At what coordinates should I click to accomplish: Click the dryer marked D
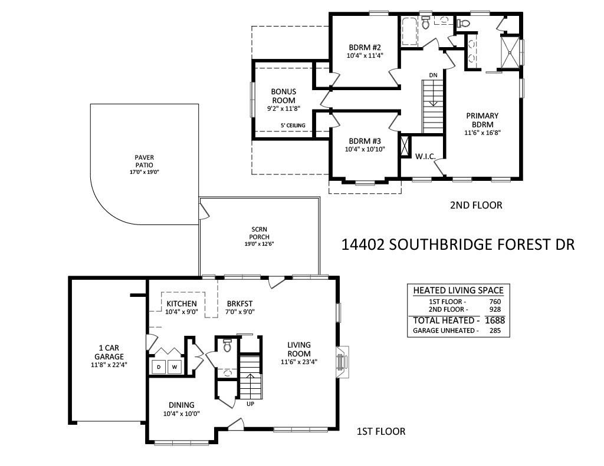pos(159,367)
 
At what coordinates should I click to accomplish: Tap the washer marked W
pos(175,367)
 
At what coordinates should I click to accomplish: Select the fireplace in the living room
pos(342,362)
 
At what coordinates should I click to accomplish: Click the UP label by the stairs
pos(250,404)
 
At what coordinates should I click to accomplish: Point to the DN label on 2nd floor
pos(434,75)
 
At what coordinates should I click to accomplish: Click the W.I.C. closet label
pos(425,157)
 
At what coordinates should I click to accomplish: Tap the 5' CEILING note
pos(293,125)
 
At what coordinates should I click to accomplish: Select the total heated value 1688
pos(495,320)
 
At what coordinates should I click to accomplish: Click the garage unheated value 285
pos(495,331)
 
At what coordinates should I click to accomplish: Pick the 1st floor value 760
pos(495,302)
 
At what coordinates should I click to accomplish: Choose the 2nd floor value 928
pos(495,309)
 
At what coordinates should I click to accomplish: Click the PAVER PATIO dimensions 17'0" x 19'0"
pos(145,172)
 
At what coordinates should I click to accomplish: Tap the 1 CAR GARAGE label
pos(109,352)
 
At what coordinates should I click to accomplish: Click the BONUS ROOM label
pos(284,96)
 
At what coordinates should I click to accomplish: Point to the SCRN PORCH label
pos(260,233)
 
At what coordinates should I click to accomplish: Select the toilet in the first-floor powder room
pos(227,346)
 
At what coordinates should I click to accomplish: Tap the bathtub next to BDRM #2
pos(409,31)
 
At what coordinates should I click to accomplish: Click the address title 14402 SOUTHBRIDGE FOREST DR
pos(458,244)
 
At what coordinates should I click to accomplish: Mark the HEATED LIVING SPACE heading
pos(458,290)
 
